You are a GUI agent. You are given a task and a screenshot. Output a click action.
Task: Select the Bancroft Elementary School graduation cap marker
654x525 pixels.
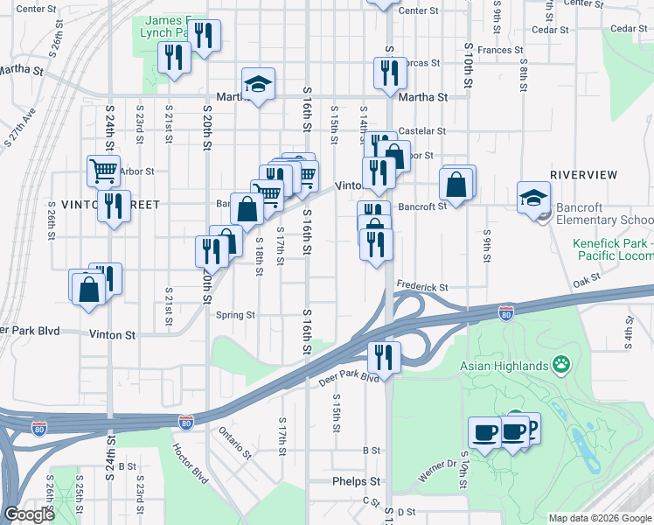coord(532,198)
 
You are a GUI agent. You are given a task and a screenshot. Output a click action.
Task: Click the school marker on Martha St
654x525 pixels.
coord(258,85)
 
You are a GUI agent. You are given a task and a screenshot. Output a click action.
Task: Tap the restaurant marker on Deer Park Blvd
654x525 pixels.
coord(384,356)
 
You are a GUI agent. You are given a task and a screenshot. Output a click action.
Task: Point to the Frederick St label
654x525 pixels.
coord(421,286)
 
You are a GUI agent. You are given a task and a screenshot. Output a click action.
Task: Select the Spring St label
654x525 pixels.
coord(235,315)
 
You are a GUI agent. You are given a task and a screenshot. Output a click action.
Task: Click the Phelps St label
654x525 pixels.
coord(357,481)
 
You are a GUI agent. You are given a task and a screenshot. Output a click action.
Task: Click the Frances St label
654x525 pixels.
coord(500,50)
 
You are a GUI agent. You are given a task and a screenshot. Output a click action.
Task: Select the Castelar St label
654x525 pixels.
coord(421,131)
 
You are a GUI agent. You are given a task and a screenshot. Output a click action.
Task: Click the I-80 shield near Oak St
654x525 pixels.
coord(505,311)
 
